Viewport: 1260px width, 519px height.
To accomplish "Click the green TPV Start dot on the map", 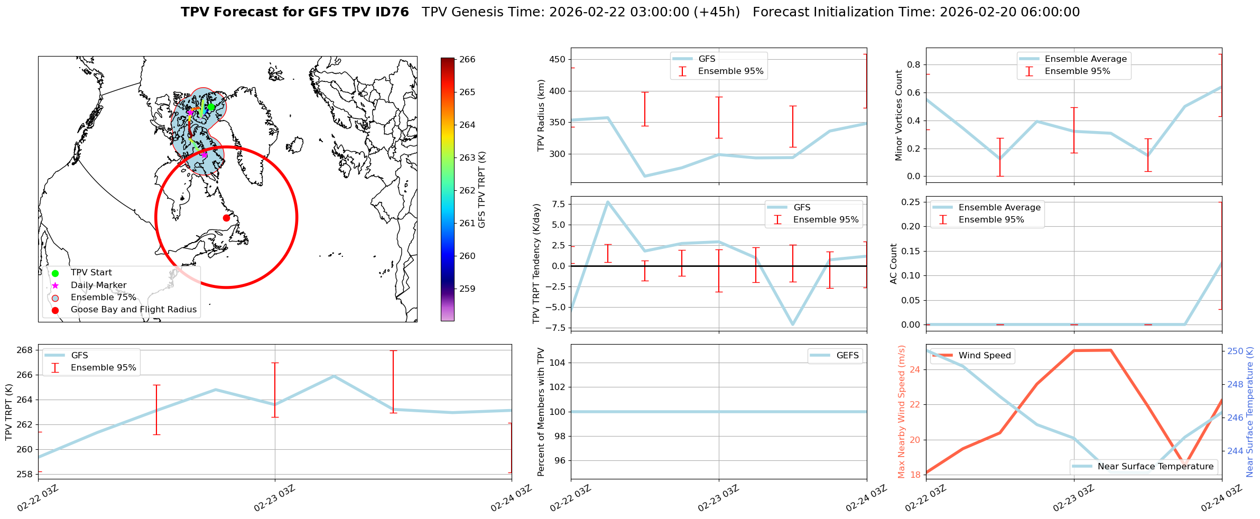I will (x=211, y=107).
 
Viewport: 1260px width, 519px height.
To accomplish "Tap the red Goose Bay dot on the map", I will (x=226, y=218).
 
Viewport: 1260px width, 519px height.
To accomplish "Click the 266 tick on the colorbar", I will (x=467, y=60).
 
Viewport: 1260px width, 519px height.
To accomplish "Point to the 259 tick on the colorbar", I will (x=467, y=289).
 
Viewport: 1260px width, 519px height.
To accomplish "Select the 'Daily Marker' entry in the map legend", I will (x=98, y=285).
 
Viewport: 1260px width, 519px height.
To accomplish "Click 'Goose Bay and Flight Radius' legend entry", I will (x=133, y=310).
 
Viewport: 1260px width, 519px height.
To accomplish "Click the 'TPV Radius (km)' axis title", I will (x=541, y=115).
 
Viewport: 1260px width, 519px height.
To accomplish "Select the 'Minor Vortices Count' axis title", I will (x=898, y=115).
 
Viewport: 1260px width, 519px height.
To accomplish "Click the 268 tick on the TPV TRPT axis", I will (x=24, y=350).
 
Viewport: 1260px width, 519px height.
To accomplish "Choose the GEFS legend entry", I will (x=847, y=356).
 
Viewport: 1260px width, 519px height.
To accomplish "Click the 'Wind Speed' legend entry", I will (x=984, y=356).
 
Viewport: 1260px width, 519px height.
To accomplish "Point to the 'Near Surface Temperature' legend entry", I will (x=1155, y=467).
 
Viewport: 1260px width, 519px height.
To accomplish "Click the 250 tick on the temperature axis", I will (x=1235, y=351).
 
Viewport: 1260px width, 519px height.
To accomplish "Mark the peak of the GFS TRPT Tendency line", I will (x=608, y=201).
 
